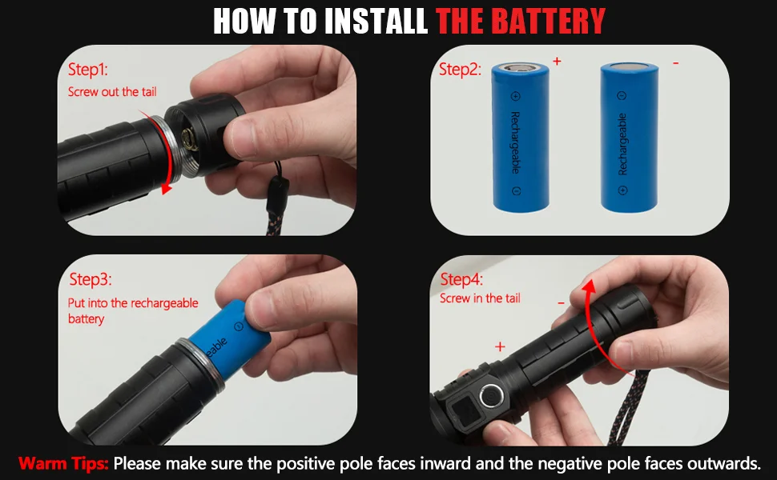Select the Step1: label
[87, 70]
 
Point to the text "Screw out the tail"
[112, 92]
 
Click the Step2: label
[460, 70]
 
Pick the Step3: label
[91, 279]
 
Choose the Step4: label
[461, 279]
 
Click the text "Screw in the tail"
[480, 298]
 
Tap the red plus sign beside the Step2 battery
[557, 61]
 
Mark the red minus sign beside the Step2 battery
[675, 63]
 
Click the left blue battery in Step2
[521, 137]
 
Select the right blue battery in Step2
[630, 137]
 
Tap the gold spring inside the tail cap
[190, 139]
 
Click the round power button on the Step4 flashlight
[491, 396]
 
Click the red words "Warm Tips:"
[63, 464]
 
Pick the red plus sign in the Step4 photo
[500, 346]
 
